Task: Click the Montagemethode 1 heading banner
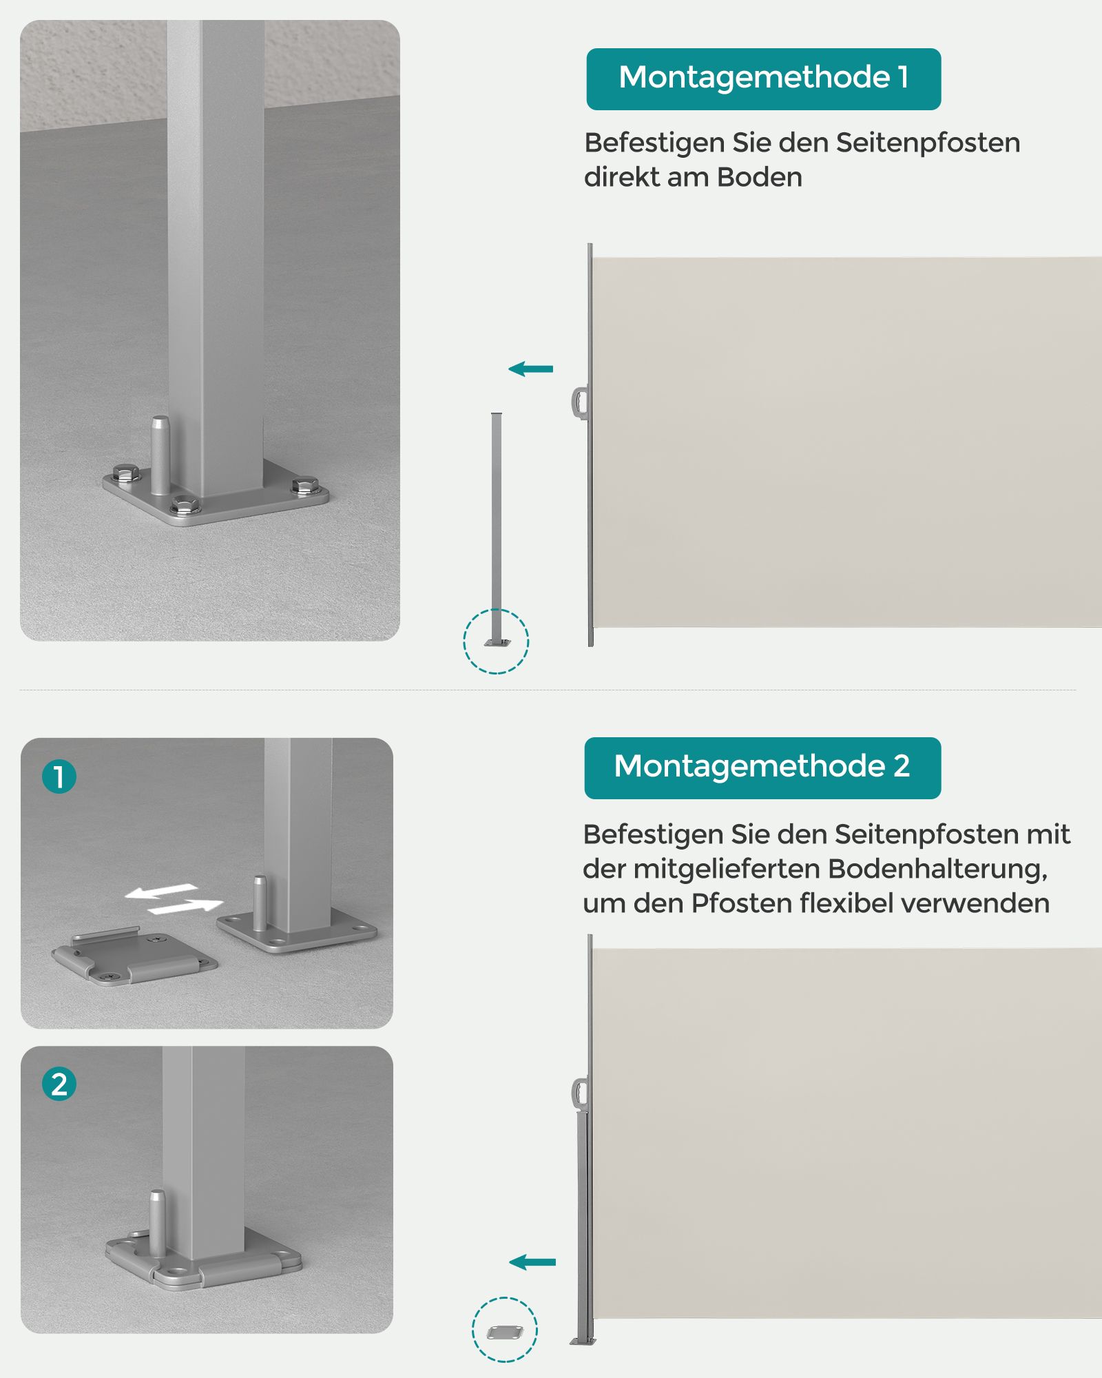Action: (763, 79)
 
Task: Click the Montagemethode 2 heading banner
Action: (762, 768)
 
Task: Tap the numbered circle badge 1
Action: (59, 777)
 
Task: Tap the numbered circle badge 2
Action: (59, 1084)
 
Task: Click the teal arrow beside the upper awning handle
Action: (530, 369)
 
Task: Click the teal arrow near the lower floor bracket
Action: (532, 1262)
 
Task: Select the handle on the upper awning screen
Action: (579, 402)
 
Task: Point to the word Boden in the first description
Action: (760, 177)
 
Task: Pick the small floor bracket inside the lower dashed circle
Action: (505, 1333)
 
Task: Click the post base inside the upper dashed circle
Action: (497, 641)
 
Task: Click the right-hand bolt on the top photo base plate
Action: (303, 486)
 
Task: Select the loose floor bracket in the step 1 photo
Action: (135, 956)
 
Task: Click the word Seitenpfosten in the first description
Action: (928, 143)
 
